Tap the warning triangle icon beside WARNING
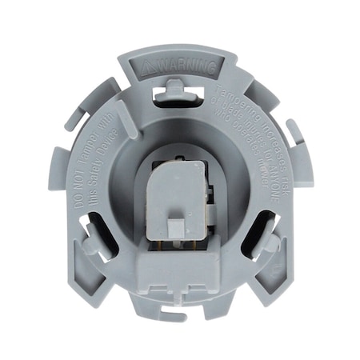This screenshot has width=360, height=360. (x=146, y=64)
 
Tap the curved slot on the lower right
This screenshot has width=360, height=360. (x=258, y=240)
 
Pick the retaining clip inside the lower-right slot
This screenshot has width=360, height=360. (x=266, y=242)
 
